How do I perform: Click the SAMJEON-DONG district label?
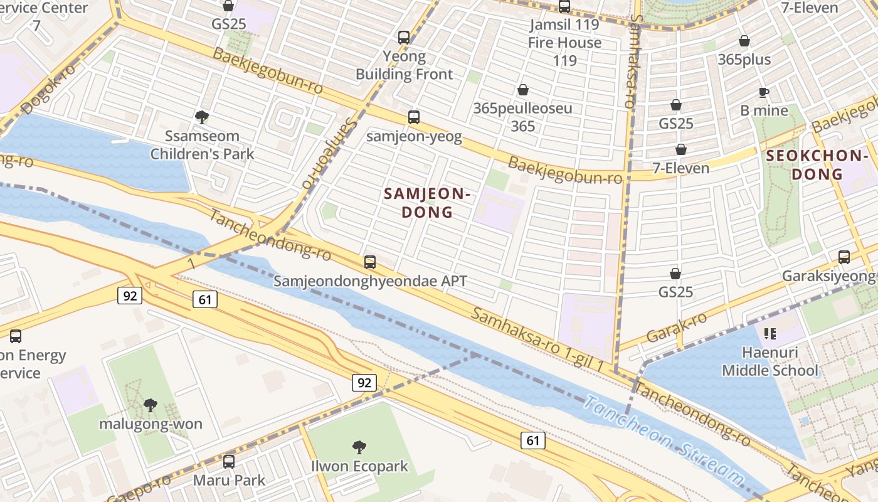(427, 203)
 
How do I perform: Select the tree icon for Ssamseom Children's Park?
(201, 117)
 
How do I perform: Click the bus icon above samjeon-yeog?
(413, 117)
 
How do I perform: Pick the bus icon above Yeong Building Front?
(404, 37)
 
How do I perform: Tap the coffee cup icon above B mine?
(763, 92)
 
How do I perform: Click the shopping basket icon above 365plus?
(744, 41)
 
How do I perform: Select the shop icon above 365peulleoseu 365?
(522, 90)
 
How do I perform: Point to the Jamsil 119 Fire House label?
(564, 43)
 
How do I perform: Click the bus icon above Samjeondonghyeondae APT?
(370, 262)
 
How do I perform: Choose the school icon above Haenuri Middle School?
(770, 333)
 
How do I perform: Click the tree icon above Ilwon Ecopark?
(359, 447)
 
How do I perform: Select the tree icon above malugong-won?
(151, 405)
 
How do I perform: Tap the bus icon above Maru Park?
(229, 462)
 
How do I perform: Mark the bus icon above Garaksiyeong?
(844, 257)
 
